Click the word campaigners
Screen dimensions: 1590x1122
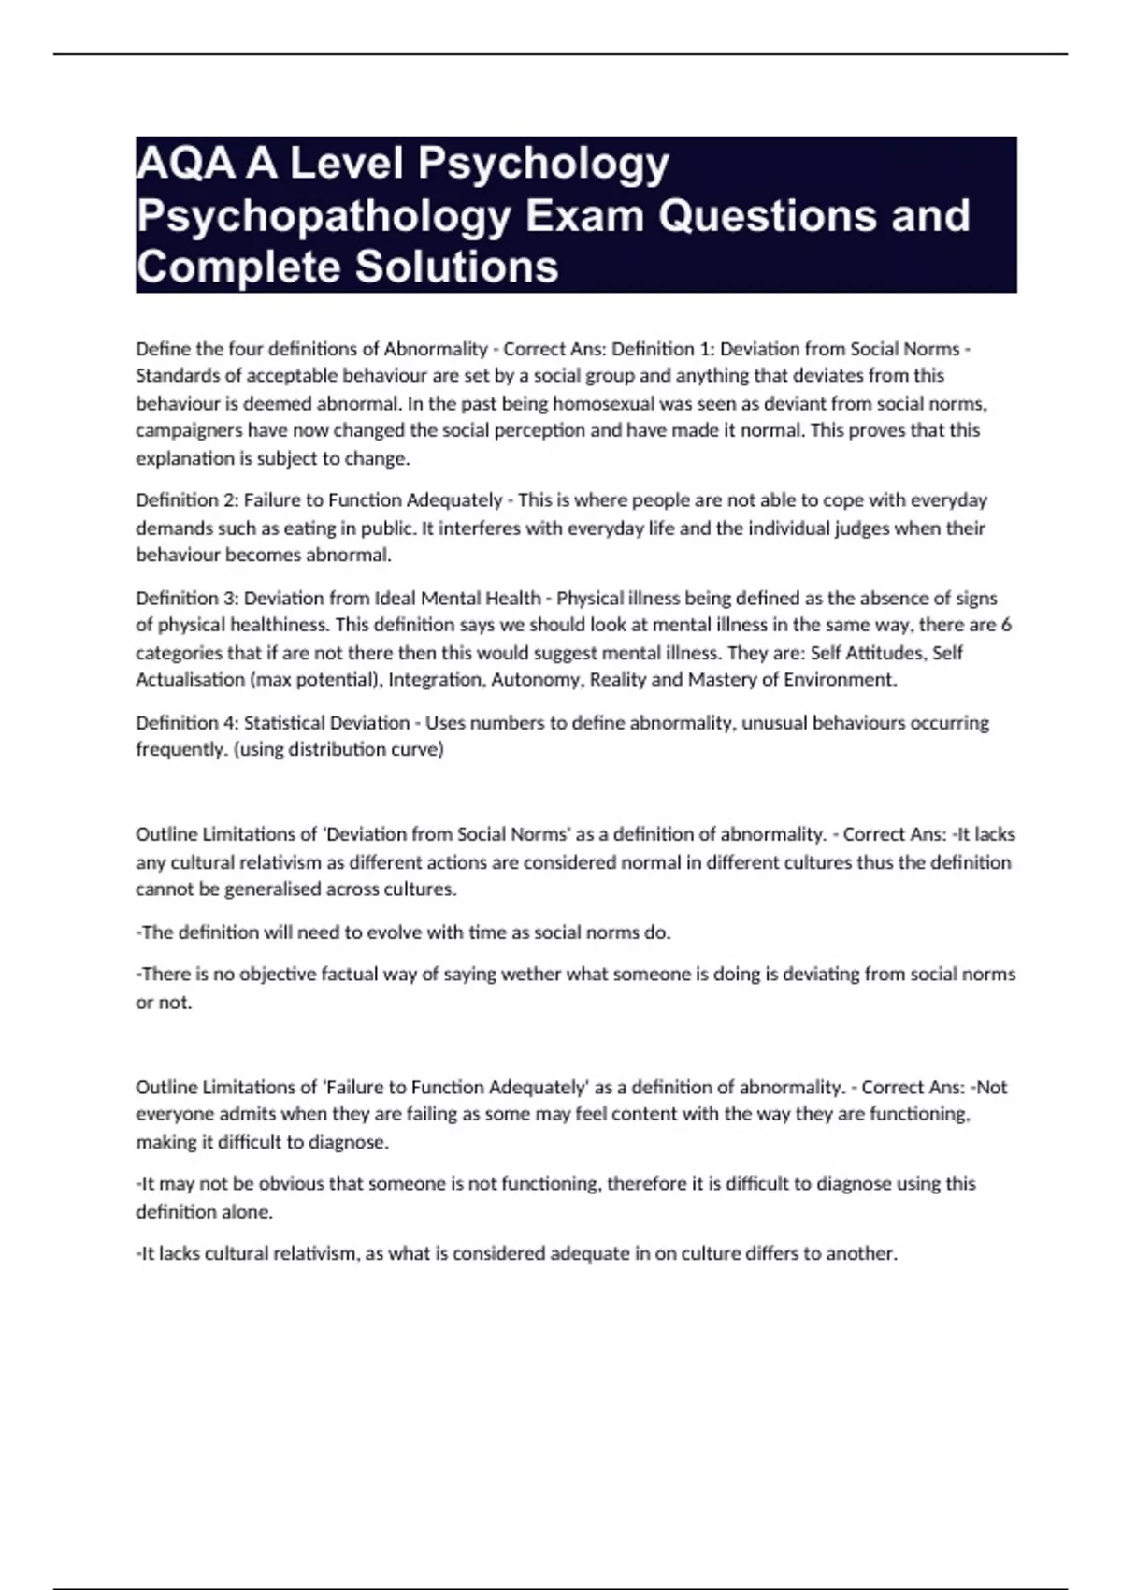183,431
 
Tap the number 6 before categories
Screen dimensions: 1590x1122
1006,625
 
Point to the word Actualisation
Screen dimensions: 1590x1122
190,680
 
